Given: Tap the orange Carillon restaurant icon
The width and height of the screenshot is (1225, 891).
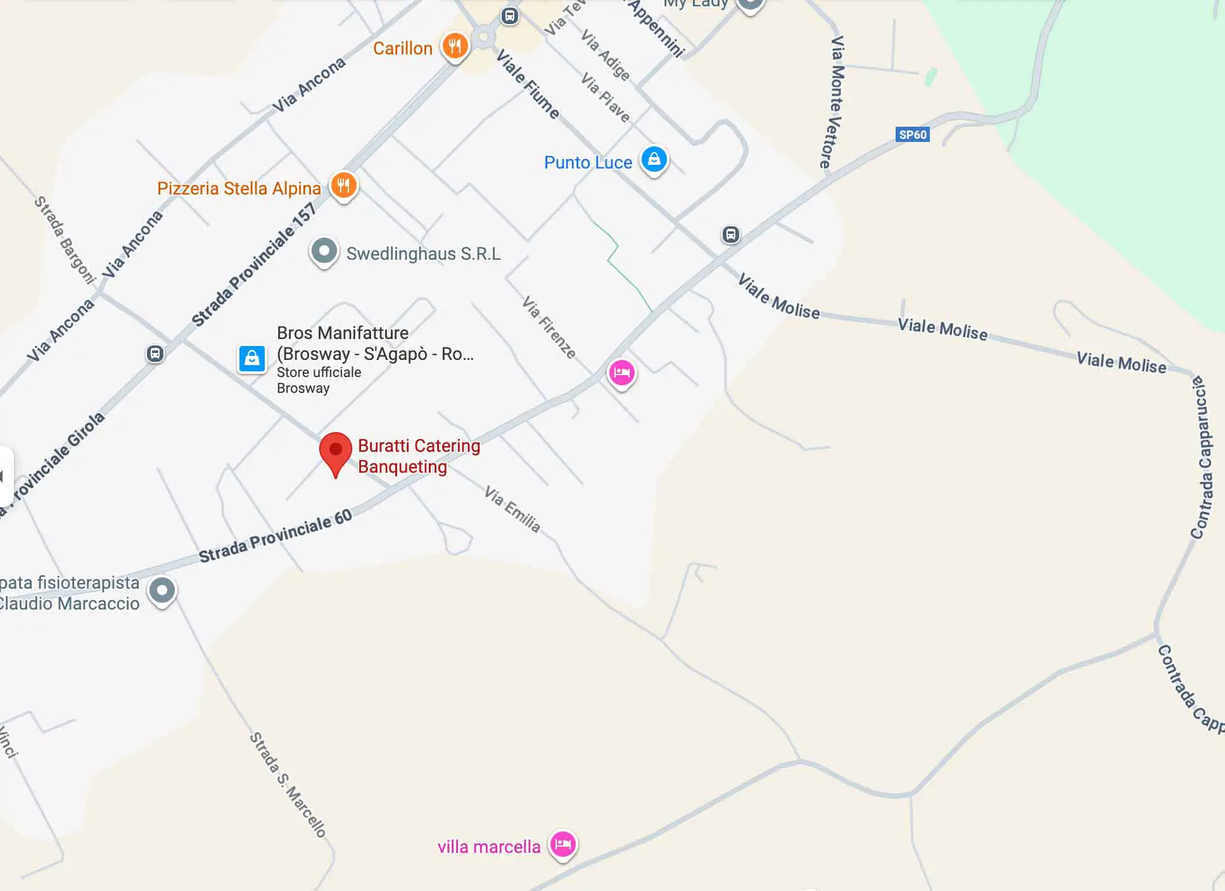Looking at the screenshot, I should coord(455,46).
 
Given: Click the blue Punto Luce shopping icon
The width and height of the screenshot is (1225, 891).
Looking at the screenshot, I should coord(654,159).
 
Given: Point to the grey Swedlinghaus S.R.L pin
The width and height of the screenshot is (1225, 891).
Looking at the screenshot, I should coord(324,252).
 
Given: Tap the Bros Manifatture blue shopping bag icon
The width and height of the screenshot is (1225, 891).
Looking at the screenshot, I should coord(252,359).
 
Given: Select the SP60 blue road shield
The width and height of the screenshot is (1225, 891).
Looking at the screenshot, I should coord(913,134).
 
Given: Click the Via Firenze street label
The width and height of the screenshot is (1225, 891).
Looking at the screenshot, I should coord(549,328).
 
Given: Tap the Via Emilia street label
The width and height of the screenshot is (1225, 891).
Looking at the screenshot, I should coord(512,510).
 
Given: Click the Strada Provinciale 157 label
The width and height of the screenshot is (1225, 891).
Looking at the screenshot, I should coord(254,264).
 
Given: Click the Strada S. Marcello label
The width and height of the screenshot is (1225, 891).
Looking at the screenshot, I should coord(288,785).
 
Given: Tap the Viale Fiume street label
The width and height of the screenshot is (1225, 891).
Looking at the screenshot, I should coord(528,85).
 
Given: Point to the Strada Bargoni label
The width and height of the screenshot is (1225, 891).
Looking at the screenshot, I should coord(64,240).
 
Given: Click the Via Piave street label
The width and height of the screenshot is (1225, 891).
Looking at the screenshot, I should coord(606,98).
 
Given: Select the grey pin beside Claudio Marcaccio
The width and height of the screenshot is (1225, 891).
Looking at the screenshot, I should coord(162,591).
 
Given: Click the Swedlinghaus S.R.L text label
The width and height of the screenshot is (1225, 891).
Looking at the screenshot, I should coord(423,254).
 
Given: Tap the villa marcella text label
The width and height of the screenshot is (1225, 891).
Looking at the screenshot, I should coord(489,847).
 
